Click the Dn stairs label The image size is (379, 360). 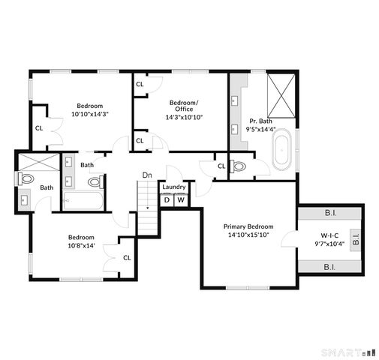148,175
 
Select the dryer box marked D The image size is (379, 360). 167,199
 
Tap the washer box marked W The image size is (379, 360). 181,199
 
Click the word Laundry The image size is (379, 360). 173,187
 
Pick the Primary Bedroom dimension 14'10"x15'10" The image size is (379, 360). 248,235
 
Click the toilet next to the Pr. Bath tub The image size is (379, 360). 239,166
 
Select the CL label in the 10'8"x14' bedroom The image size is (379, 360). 127,258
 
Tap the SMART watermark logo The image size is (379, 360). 347,352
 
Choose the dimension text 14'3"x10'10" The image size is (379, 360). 185,117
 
